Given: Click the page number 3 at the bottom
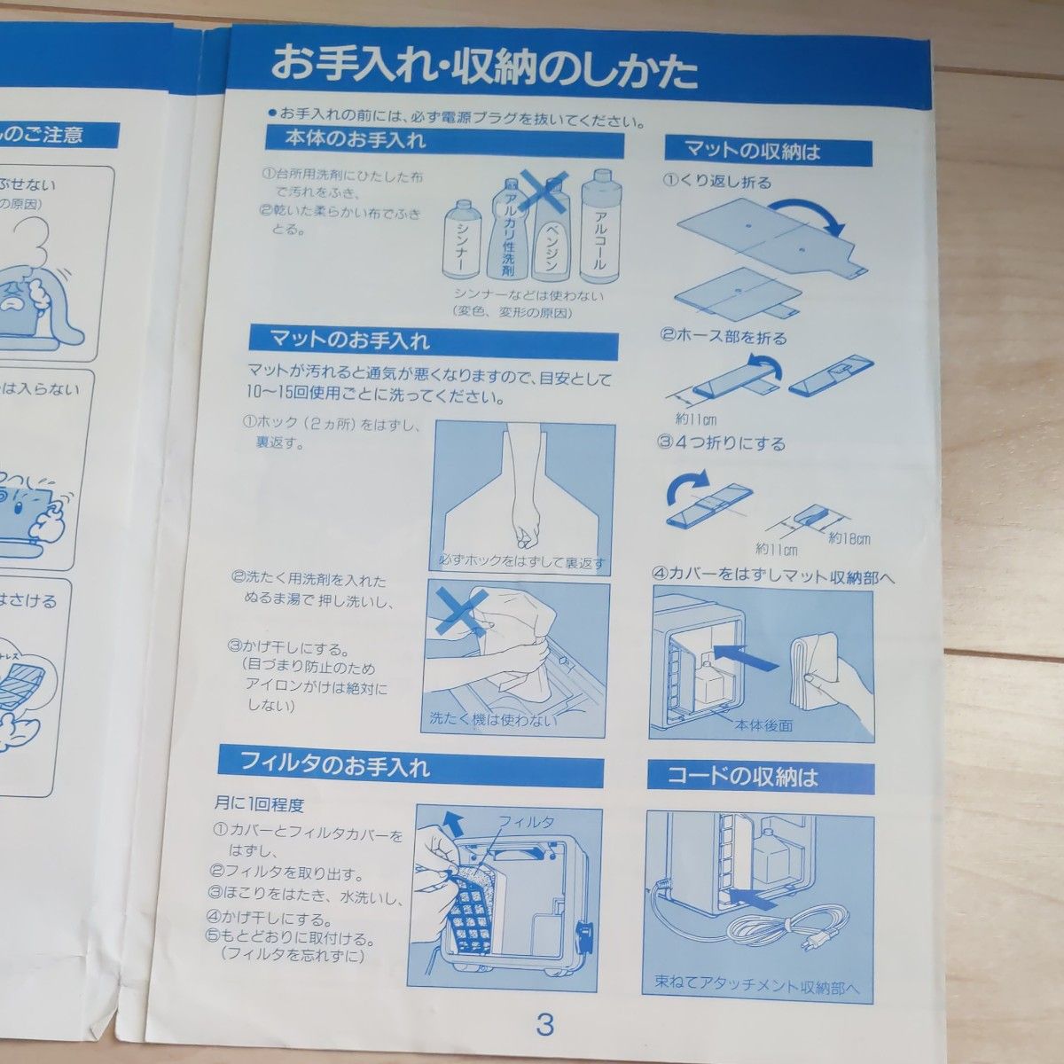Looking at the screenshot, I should pyautogui.click(x=544, y=1025).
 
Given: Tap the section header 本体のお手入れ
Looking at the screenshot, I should pyautogui.click(x=355, y=140).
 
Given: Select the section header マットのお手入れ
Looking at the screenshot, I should pyautogui.click(x=349, y=339).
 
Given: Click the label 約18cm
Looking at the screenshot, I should pyautogui.click(x=849, y=539).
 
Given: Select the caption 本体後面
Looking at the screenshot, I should pyautogui.click(x=762, y=724).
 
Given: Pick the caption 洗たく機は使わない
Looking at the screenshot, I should pyautogui.click(x=493, y=719).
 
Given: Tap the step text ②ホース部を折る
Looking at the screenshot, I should pyautogui.click(x=724, y=338).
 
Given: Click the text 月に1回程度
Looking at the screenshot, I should pyautogui.click(x=259, y=805).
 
